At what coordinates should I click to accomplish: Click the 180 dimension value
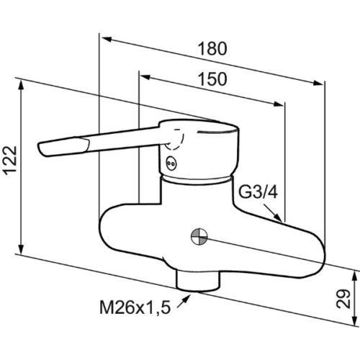212,49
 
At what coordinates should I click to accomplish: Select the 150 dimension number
212,79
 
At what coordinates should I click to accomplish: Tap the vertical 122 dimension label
11,161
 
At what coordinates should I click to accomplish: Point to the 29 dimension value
343,299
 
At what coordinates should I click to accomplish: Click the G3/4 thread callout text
258,192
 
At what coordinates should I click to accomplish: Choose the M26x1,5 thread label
135,307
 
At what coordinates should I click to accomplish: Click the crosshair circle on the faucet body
199,237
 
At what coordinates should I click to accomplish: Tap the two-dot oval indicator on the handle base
171,163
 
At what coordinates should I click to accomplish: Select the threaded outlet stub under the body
198,280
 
